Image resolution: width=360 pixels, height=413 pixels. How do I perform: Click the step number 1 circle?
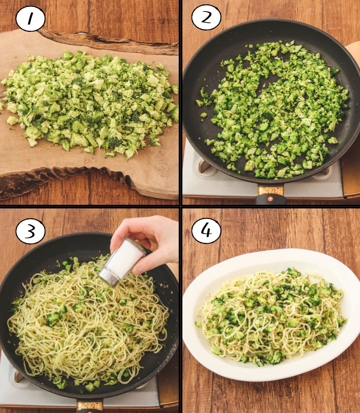coord(30,19)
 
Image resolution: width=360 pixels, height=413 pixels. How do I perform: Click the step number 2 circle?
coord(206,17)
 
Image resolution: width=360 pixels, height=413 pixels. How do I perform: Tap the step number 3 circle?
coord(30,231)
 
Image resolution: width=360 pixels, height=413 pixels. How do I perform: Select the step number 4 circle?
coord(206,231)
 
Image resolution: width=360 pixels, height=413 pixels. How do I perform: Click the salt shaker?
coord(122,262)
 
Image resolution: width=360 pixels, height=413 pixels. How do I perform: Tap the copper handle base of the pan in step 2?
coord(270,190)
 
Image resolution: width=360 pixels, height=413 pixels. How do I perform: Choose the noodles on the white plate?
coord(271,316)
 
